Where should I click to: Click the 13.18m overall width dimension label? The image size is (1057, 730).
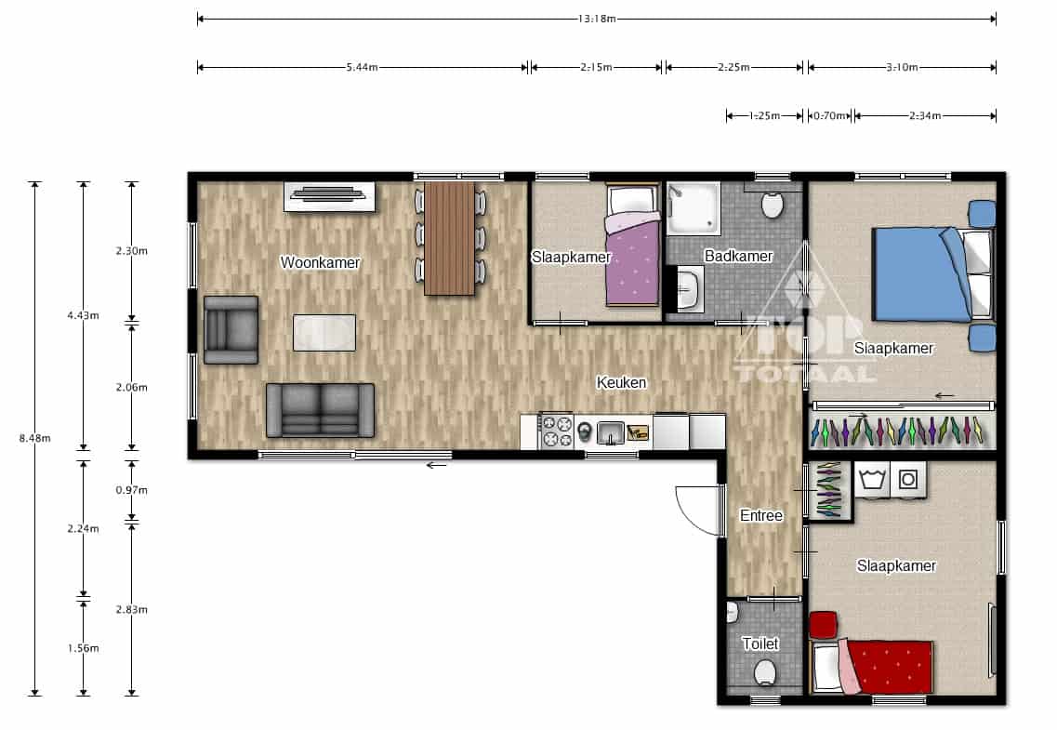597,19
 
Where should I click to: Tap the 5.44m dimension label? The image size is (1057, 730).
362,67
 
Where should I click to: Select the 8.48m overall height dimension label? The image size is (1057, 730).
35,438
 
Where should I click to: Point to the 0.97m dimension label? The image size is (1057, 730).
131,490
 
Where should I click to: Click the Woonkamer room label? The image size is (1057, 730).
320,262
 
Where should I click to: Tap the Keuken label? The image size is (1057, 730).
622,383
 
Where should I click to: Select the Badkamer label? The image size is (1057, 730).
738,256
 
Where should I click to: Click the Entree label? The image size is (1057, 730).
761,516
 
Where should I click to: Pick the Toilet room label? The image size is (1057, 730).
760,644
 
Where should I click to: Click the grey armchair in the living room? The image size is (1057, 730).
231,330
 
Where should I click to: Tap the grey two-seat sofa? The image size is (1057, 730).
320,410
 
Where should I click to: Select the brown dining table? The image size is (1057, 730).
450,239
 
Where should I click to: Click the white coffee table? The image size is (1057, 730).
324,333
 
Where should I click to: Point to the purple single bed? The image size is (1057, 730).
631,246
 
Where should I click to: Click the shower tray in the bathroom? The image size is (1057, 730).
693,208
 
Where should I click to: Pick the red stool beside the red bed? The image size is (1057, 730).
823,625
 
